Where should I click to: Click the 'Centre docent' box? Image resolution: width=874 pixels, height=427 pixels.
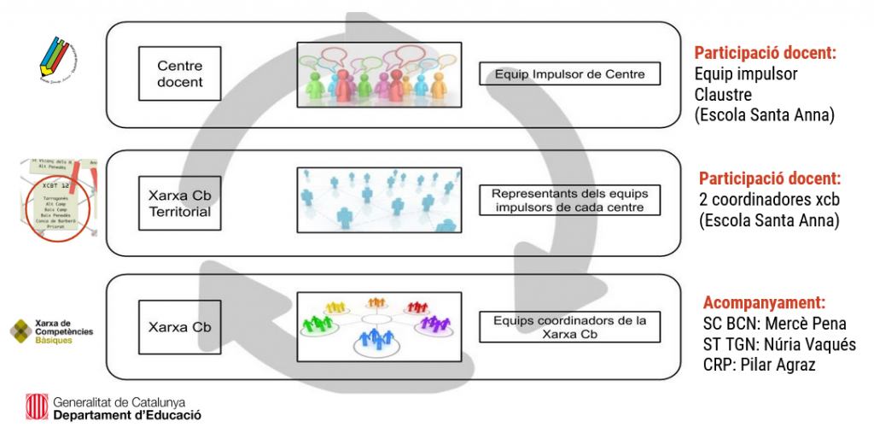[x=180, y=74]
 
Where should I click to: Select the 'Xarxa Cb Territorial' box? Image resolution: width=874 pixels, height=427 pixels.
[x=179, y=204]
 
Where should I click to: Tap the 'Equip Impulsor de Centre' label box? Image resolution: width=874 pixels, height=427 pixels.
[x=570, y=75]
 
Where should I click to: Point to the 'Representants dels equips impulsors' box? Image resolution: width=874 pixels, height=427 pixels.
[x=570, y=202]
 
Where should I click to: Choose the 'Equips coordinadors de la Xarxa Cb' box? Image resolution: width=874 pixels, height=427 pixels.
[x=570, y=328]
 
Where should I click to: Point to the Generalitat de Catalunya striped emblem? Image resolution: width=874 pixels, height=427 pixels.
[x=35, y=407]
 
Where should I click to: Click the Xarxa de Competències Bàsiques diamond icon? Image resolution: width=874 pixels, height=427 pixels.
[x=21, y=331]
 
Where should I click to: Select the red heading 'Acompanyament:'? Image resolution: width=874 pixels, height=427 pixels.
[x=764, y=302]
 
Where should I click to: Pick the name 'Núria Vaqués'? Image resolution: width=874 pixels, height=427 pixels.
[x=807, y=344]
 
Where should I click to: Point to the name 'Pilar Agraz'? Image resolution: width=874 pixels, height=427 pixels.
[x=786, y=365]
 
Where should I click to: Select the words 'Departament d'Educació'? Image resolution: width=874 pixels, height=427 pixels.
[x=127, y=414]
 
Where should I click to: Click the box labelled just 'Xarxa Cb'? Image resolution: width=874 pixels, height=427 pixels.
[x=179, y=327]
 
